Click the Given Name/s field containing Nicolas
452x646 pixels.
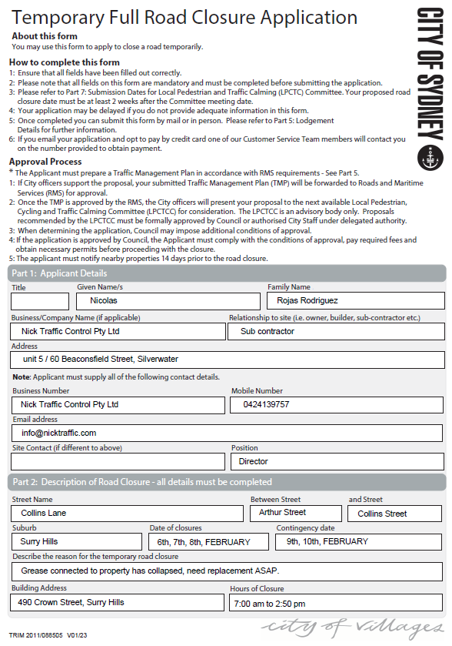coord(168,301)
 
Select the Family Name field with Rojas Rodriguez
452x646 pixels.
coord(355,300)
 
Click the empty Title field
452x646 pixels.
coord(40,301)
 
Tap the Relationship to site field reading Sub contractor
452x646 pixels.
coord(336,331)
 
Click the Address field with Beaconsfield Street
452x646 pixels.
coord(228,360)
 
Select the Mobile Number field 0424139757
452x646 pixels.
coord(337,403)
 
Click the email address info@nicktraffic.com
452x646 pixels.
coord(228,433)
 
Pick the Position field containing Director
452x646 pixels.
coord(337,461)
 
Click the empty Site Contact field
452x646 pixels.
coord(118,461)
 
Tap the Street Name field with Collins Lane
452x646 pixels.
coord(127,513)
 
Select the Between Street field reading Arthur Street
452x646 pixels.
coord(296,513)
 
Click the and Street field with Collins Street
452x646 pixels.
coord(395,514)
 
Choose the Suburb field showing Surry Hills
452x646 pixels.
coord(76,542)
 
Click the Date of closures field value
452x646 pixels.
coord(209,542)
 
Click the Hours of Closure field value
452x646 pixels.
coord(336,603)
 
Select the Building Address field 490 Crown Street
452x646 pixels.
coord(118,602)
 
